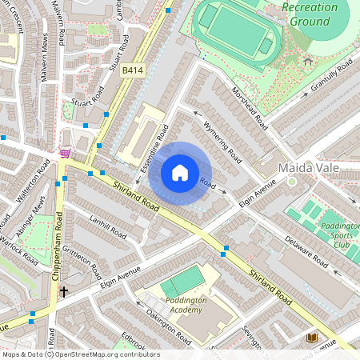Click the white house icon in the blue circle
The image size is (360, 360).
[x=180, y=173]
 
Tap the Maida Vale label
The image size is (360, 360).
[x=310, y=168]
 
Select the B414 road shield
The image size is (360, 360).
[x=133, y=71]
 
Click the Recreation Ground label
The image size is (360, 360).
[x=309, y=14]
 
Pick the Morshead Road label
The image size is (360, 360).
[x=249, y=107]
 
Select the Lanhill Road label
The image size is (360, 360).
[x=109, y=230]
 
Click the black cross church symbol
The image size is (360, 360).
[x=63, y=292]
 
